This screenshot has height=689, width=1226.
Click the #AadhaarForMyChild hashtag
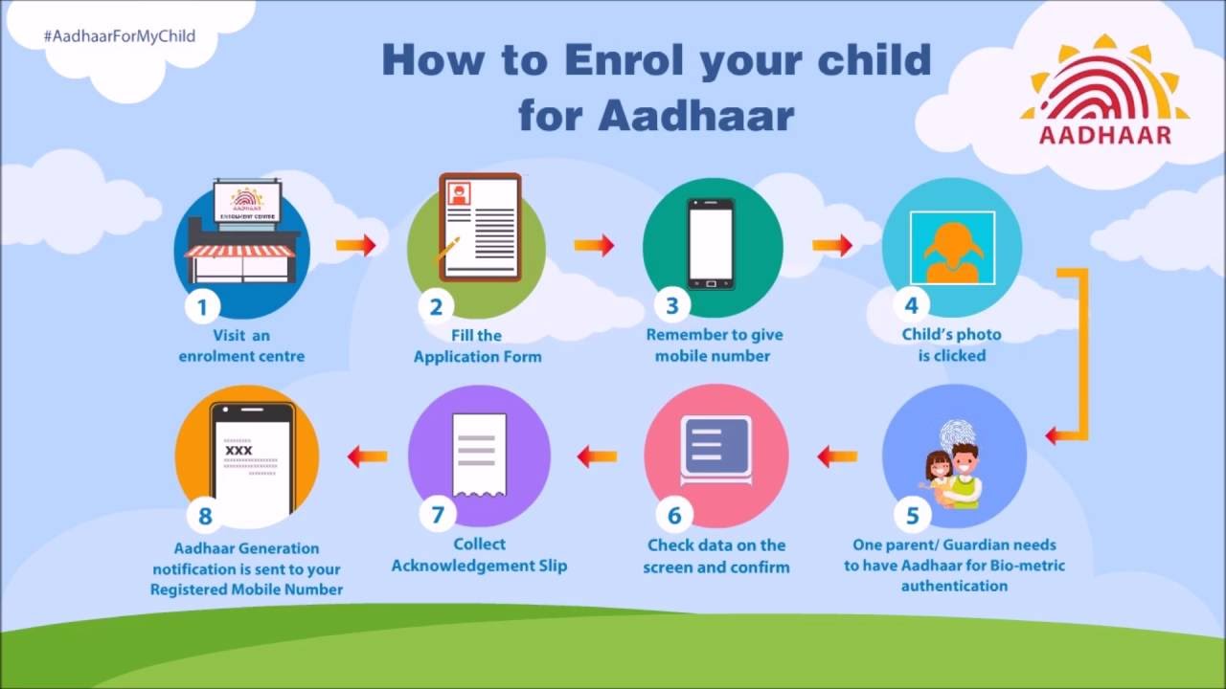119,36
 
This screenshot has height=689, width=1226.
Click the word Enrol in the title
623,60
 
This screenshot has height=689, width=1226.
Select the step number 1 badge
202,307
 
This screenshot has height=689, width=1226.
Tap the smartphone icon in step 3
711,243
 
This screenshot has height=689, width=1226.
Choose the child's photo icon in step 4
952,248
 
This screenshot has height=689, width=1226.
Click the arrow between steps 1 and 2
355,246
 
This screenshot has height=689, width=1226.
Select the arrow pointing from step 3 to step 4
832,246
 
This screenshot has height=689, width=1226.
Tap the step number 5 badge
912,516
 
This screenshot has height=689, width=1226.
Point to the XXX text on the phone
238,450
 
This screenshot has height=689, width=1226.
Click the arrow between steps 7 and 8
367,456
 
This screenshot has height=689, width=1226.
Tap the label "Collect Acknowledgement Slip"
479,555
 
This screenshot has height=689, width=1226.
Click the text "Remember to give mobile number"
714,345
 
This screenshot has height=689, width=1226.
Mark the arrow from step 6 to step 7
597,456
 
